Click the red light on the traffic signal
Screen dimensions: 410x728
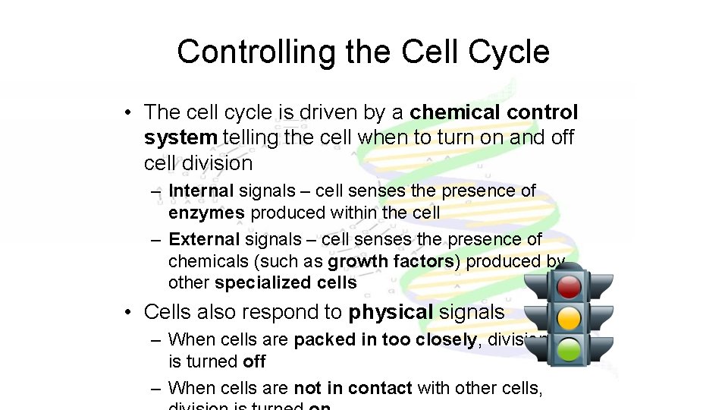[569, 286]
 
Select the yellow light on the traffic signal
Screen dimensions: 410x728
[569, 317]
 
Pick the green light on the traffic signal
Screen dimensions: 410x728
[569, 349]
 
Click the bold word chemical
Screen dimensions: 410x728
[453, 112]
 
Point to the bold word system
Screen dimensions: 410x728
[180, 137]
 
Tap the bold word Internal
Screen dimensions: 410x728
[201, 191]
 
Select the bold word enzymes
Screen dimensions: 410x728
[206, 213]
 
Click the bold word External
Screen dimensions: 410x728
[204, 239]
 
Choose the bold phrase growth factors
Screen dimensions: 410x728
[391, 261]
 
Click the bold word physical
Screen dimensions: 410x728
[390, 311]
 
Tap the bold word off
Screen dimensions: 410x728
[254, 361]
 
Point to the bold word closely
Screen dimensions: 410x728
[446, 339]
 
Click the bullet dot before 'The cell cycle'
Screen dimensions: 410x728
[130, 113]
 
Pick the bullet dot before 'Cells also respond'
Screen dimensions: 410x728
[130, 312]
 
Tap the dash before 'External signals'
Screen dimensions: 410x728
[155, 240]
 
